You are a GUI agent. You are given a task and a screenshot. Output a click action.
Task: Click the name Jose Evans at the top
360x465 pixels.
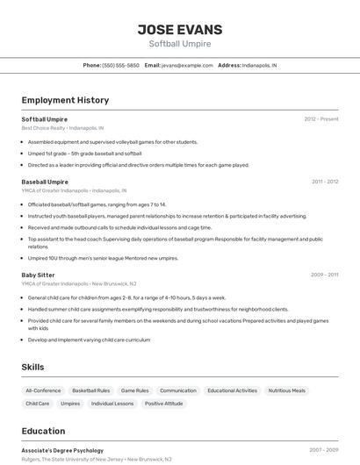180,30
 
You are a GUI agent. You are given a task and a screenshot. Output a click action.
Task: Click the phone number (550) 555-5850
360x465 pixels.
120,65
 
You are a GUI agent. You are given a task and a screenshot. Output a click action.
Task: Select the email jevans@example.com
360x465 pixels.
187,65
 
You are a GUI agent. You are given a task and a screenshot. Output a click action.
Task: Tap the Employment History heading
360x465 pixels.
65,100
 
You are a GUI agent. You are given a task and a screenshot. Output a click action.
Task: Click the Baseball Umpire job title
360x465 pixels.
45,182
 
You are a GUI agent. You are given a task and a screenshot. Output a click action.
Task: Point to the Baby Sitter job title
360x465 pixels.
38,275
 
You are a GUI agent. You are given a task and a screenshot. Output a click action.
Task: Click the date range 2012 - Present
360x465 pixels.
321,118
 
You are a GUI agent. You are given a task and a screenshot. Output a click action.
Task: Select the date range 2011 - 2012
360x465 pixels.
325,182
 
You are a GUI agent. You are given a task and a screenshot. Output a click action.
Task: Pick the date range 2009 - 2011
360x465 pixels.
325,275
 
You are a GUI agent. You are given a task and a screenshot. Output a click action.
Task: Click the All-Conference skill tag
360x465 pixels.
43,390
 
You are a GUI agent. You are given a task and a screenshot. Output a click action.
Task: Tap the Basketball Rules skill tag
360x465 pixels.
91,390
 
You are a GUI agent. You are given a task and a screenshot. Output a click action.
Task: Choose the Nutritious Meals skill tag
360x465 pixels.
287,390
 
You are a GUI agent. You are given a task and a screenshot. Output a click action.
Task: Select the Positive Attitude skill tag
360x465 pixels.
164,404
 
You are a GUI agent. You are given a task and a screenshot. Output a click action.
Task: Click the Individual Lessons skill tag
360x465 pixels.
112,404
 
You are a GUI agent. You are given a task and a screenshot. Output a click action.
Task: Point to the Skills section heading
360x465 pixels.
33,367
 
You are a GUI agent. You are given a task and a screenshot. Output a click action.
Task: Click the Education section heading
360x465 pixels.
43,431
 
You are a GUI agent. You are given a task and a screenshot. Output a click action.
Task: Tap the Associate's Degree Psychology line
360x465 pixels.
62,450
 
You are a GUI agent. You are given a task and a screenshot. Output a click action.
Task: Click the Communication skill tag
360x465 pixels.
178,390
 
